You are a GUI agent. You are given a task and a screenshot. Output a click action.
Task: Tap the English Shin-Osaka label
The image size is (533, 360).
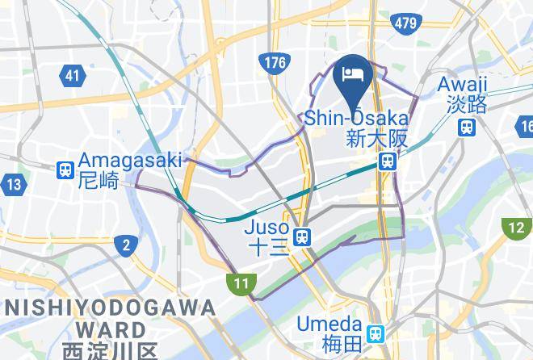coord(356,119)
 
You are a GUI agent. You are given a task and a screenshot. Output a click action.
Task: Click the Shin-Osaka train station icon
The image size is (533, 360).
coord(388,162)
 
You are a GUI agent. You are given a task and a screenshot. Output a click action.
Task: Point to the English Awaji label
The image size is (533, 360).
coord(462,84)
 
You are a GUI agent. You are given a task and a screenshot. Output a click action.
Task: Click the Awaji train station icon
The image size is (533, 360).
coord(466,127)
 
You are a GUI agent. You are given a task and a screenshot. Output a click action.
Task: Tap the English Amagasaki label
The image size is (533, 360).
coord(130,161)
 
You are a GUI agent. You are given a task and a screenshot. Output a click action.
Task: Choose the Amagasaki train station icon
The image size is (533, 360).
coord(65,170)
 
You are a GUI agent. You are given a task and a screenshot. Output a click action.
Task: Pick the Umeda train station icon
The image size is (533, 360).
coord(376,333)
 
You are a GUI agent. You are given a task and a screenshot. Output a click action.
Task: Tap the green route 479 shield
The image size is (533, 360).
coord(406,23)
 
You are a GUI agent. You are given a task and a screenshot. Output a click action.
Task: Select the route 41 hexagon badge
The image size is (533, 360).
coord(73,77)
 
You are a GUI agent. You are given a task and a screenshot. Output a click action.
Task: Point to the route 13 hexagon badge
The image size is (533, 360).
coord(13,184)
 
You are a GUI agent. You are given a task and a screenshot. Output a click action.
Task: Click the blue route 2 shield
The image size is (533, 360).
coord(125,245)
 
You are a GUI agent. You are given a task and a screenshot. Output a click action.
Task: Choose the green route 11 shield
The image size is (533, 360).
coord(242,283)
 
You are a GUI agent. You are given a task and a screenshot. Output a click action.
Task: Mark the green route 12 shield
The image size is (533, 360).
coord(516,228)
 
